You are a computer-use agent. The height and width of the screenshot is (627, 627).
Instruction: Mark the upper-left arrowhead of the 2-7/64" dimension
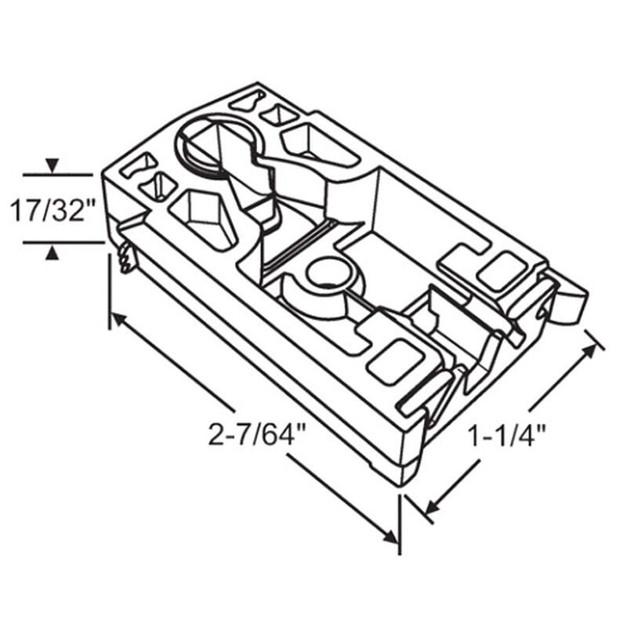(118, 319)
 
